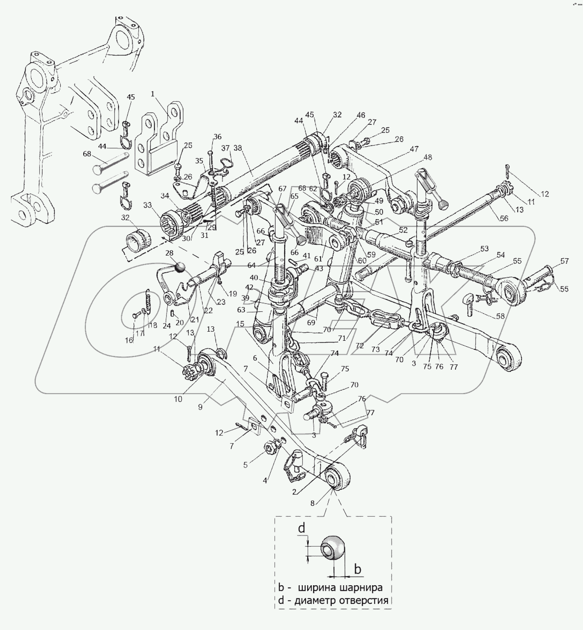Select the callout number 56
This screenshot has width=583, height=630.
[x=504, y=218]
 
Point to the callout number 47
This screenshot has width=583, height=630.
[x=414, y=149]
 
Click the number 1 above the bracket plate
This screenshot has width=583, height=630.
[x=153, y=94]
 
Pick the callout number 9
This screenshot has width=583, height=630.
[x=200, y=407]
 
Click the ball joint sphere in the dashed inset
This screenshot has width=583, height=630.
[x=333, y=548]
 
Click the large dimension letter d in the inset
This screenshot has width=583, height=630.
[x=302, y=529]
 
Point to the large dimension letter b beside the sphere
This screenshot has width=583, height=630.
[x=357, y=569]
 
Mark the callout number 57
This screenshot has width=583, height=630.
[x=564, y=261]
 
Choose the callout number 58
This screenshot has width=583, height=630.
[x=500, y=316]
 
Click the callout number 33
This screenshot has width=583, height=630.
[x=147, y=205]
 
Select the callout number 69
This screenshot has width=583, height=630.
[x=311, y=323]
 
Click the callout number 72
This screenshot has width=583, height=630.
[x=359, y=346]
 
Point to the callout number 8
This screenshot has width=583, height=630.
[x=312, y=503]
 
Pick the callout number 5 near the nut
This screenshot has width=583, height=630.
[x=245, y=465]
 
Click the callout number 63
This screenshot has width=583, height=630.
[x=252, y=310]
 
